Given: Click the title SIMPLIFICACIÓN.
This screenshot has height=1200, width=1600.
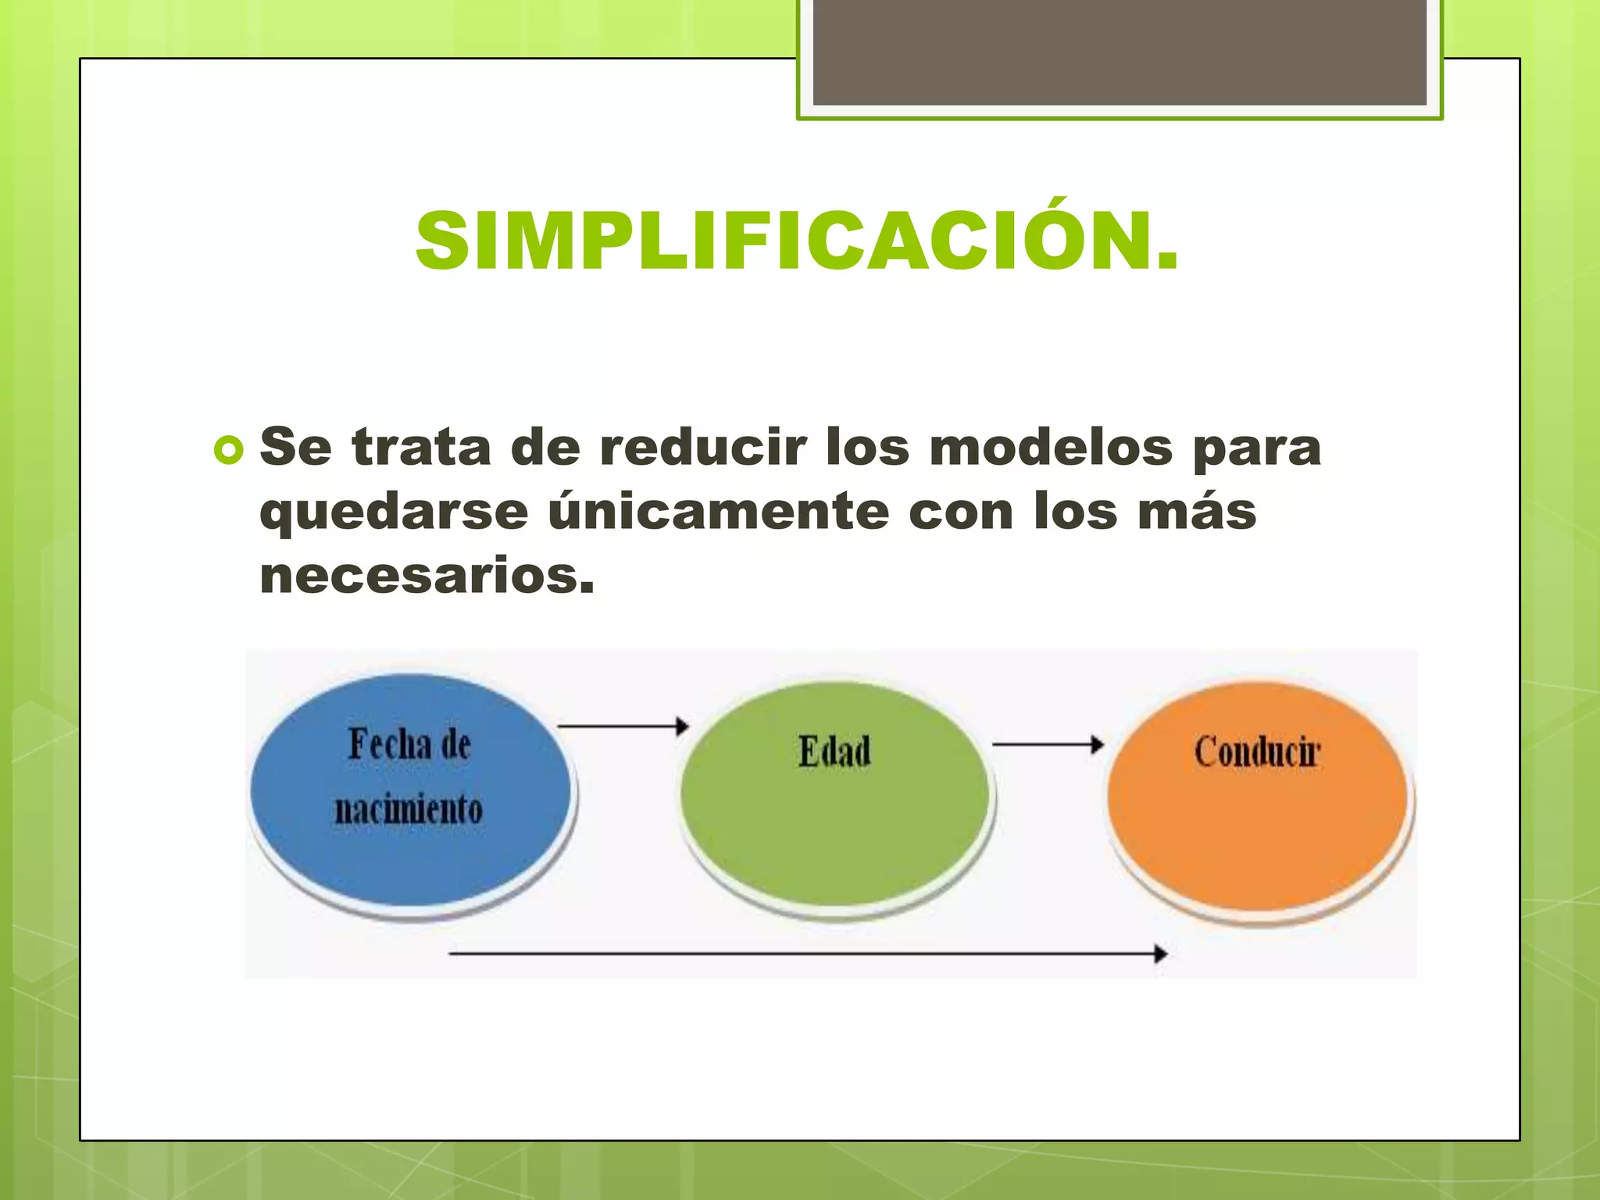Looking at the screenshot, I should point(797,242).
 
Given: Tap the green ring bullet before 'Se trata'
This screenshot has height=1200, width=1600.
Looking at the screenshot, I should point(228,450).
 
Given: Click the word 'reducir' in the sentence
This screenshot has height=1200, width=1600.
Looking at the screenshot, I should point(702,448).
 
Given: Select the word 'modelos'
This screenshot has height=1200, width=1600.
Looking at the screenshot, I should point(1052,448).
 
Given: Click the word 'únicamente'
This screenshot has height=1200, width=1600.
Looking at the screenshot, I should point(719,512).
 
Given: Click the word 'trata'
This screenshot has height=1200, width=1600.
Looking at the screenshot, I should point(422,448).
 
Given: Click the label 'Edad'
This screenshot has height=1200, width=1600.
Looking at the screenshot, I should point(834,752).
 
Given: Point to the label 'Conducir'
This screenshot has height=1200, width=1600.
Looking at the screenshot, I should point(1257,752).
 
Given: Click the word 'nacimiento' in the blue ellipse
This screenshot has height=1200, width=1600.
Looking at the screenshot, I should point(409,809).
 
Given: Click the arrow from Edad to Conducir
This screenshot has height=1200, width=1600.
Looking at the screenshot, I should point(1047,745).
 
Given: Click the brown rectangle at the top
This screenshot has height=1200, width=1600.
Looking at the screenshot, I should point(1120,52).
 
